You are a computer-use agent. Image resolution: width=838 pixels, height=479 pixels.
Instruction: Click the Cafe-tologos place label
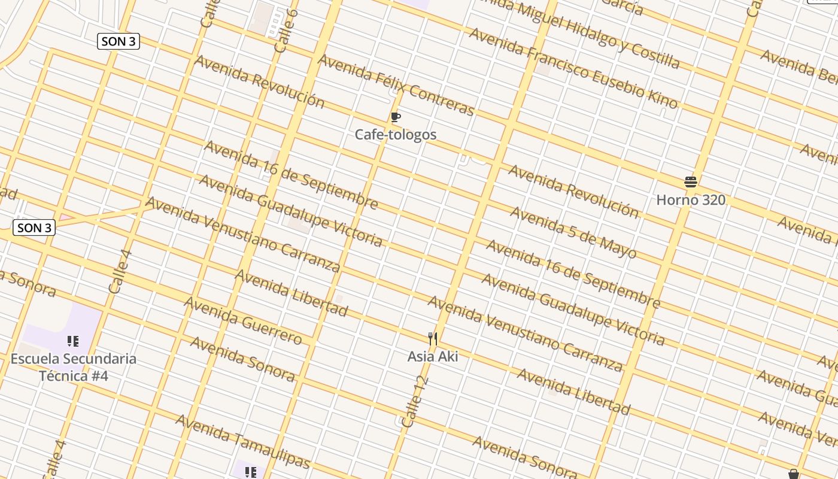tap(396, 135)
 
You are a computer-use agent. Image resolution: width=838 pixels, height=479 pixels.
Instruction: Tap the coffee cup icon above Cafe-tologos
tap(395, 117)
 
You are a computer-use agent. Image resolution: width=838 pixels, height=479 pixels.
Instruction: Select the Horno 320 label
tap(691, 200)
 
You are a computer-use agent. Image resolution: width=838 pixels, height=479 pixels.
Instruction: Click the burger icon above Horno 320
tap(691, 181)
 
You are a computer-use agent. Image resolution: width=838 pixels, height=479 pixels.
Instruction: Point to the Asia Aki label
tap(433, 357)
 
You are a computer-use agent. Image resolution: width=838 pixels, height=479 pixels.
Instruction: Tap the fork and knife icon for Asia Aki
tap(433, 339)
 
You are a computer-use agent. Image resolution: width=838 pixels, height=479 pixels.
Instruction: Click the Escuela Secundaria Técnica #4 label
tap(74, 367)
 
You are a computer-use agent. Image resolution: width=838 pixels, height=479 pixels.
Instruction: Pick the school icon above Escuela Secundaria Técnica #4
tap(73, 341)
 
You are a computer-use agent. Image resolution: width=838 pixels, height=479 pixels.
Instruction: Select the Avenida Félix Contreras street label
tap(396, 84)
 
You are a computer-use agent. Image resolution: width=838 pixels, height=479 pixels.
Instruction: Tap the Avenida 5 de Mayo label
tap(573, 232)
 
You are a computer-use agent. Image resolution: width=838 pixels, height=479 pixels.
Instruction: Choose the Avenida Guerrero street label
tap(243, 320)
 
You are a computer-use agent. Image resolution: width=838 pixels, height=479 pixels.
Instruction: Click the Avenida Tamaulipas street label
tap(243, 441)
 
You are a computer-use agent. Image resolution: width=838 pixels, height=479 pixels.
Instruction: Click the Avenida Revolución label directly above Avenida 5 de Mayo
tap(573, 190)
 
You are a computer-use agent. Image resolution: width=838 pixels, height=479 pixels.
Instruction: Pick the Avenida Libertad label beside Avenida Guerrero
tap(291, 293)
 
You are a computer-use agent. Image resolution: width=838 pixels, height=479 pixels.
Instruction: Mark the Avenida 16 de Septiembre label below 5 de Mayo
tap(573, 274)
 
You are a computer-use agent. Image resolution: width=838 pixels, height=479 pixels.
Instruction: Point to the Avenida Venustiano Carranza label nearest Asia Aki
tap(525, 332)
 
